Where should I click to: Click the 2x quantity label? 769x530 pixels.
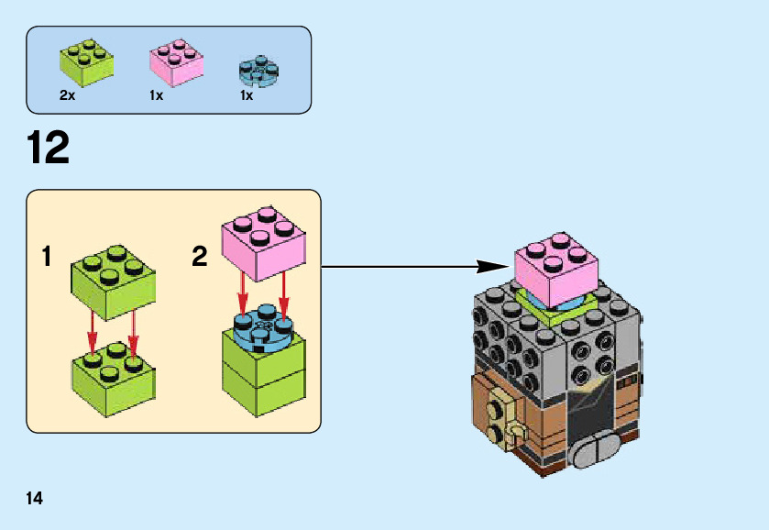tap(67, 95)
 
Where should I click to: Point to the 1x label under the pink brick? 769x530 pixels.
tap(156, 95)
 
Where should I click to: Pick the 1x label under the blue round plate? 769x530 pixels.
tap(246, 95)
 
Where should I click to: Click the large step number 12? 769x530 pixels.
tap(49, 148)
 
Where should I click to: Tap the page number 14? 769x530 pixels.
tap(34, 498)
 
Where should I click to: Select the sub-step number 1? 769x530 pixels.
tap(47, 257)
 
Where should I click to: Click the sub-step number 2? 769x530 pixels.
tap(200, 257)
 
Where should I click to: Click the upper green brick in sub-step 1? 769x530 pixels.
tap(113, 280)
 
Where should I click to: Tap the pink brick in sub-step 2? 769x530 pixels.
tap(266, 243)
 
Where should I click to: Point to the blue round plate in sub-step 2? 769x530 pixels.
tap(264, 329)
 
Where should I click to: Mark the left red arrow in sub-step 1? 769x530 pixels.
tap(93, 331)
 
